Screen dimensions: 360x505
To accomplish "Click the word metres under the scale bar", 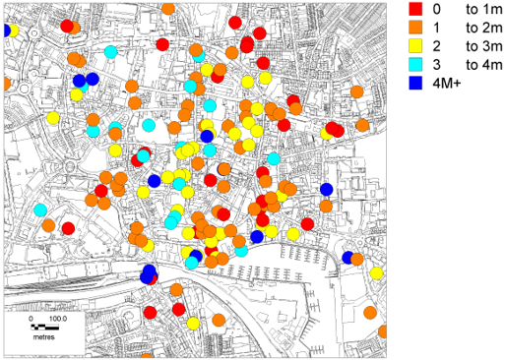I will (x=43, y=336).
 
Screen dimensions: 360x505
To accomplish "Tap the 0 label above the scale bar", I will (x=31, y=319).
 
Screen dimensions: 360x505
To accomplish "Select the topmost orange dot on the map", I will (x=168, y=8).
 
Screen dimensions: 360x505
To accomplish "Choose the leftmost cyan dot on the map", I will (x=41, y=210).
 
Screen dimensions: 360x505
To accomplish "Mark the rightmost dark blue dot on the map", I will (x=347, y=258).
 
